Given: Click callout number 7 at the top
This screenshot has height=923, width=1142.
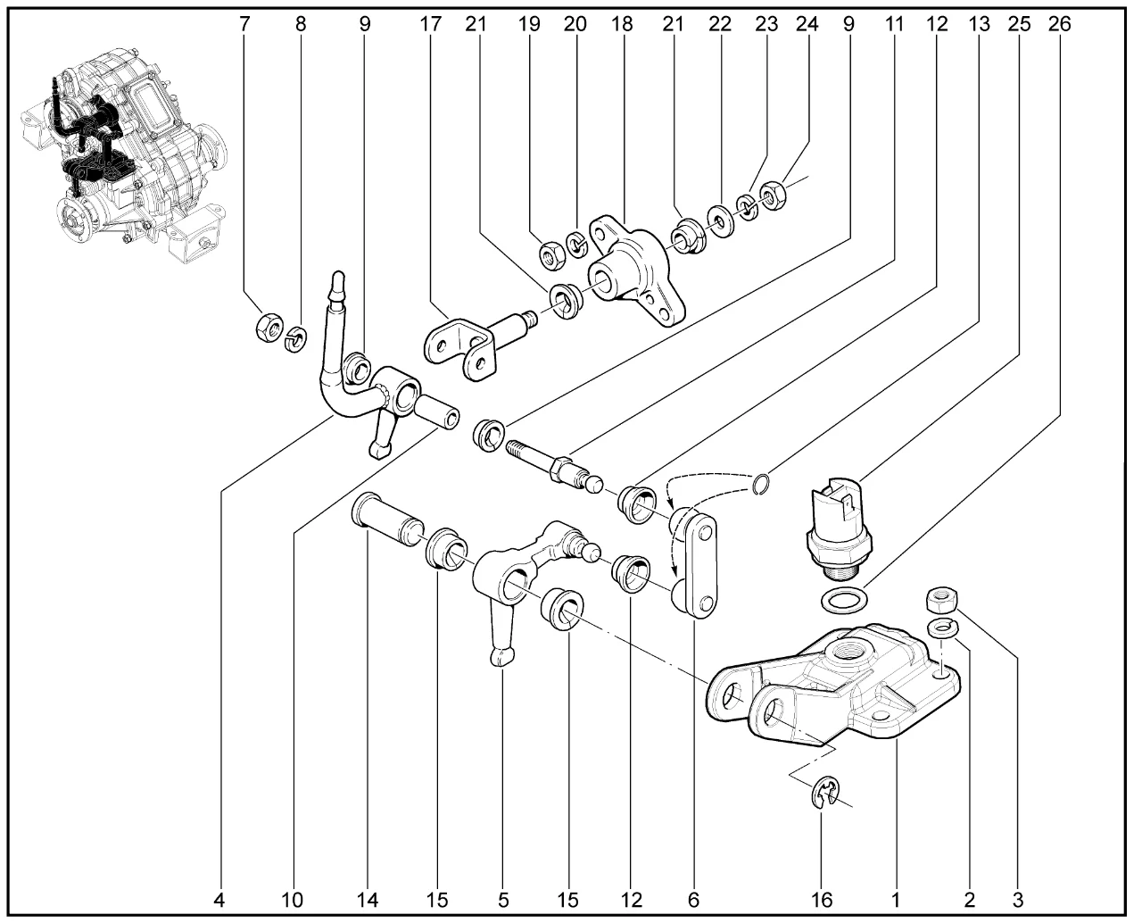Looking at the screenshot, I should click(244, 24).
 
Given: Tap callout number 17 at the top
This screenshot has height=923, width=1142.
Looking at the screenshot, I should click(431, 24).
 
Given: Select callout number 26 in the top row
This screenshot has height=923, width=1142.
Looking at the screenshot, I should click(1059, 24).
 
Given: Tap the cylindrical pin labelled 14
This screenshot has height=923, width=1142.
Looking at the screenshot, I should click(386, 518).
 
